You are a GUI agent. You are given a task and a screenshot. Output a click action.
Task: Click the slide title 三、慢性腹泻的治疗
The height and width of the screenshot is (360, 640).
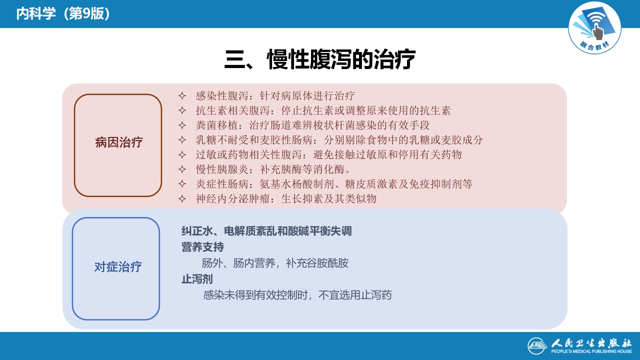pyautogui.click(x=320, y=60)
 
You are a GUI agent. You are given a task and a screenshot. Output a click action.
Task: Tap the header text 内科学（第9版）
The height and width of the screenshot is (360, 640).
pyautogui.click(x=63, y=14)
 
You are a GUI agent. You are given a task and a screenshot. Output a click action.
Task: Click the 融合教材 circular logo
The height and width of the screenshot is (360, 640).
pyautogui.click(x=594, y=27)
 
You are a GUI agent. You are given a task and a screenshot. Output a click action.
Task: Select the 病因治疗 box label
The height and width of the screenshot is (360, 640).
pyautogui.click(x=118, y=142)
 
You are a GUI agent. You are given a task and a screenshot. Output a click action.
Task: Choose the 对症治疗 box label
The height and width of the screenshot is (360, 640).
pyautogui.click(x=118, y=267)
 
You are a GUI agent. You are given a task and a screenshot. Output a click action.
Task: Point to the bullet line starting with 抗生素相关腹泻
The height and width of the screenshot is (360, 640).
pyautogui.click(x=323, y=110)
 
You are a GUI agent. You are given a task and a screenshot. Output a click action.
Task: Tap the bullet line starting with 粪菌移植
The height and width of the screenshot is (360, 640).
pyautogui.click(x=312, y=125)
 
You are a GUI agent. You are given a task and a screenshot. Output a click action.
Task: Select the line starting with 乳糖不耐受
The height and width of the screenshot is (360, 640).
pyautogui.click(x=339, y=140)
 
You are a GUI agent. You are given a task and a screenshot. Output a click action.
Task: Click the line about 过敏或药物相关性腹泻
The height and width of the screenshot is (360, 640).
pyautogui.click(x=328, y=154)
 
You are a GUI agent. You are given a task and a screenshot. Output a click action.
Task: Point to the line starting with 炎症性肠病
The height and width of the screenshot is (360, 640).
pyautogui.click(x=334, y=184)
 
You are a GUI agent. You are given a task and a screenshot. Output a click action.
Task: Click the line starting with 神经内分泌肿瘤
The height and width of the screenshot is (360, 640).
pyautogui.click(x=285, y=198)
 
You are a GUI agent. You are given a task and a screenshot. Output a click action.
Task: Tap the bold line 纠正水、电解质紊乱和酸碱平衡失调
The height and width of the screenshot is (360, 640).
pyautogui.click(x=266, y=231)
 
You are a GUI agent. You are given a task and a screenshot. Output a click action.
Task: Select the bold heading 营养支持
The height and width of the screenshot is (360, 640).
pyautogui.click(x=202, y=247)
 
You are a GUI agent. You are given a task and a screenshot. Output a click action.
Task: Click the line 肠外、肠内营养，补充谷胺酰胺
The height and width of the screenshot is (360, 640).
pyautogui.click(x=275, y=263)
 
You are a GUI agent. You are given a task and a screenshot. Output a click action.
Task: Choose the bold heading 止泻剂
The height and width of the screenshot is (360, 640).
pyautogui.click(x=197, y=279)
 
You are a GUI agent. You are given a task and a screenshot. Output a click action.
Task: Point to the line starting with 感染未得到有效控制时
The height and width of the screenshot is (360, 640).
pyautogui.click(x=297, y=295)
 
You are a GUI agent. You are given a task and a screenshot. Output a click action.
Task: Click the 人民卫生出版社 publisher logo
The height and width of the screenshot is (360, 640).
pyautogui.click(x=580, y=345)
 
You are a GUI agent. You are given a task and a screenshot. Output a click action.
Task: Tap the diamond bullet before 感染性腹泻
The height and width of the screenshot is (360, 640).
pyautogui.click(x=182, y=95)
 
